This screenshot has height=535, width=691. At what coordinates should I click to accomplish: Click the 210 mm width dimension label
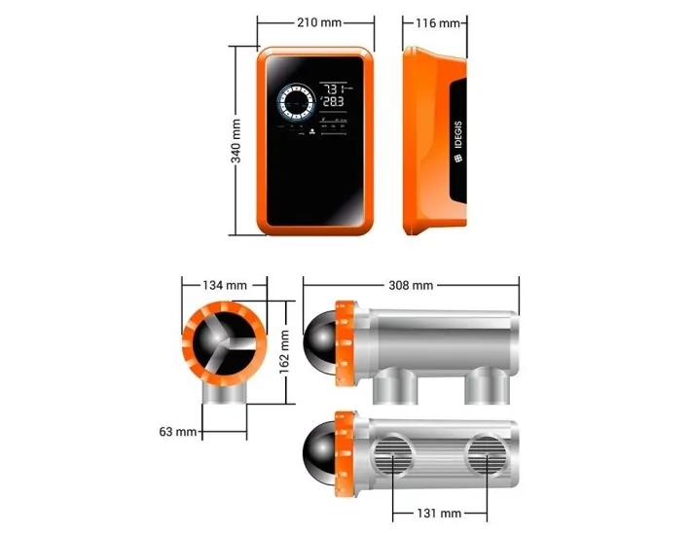pyautogui.click(x=316, y=22)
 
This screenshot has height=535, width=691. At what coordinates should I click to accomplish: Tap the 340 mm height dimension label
pyautogui.click(x=236, y=140)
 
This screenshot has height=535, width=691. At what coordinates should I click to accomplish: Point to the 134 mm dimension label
pyautogui.click(x=224, y=285)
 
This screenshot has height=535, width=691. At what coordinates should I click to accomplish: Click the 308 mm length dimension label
pyautogui.click(x=411, y=285)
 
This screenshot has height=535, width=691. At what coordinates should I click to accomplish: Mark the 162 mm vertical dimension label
pyautogui.click(x=285, y=352)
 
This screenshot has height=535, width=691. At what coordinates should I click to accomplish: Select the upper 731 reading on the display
pyautogui.click(x=338, y=87)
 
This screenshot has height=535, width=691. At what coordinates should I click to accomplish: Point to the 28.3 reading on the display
pyautogui.click(x=335, y=100)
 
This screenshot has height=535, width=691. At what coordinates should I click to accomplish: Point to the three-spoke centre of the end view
pyautogui.click(x=224, y=342)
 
